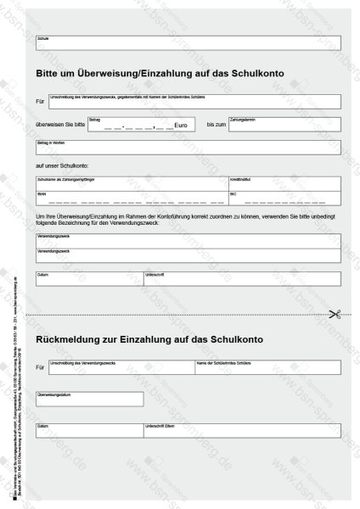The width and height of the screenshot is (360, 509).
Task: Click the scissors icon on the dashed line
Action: point(334,314)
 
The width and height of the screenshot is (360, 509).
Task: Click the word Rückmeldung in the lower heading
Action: point(73,339)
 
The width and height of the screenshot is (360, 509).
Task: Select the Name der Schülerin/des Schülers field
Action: point(267,367)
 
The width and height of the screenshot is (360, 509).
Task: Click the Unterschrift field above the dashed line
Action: point(243,278)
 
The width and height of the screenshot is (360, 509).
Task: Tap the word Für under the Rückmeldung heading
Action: point(41,367)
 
